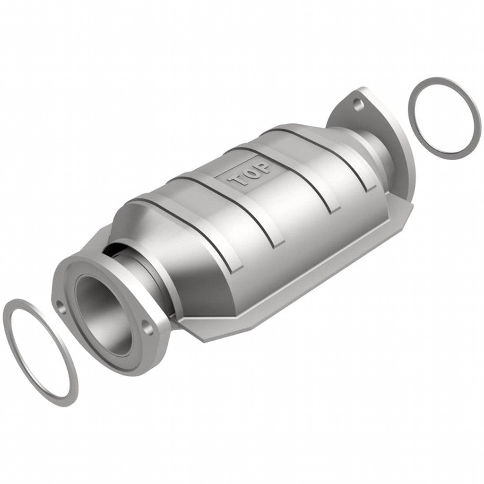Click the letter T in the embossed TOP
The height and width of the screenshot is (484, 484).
[x=237, y=181]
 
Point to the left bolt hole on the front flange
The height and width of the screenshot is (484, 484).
[x=60, y=304]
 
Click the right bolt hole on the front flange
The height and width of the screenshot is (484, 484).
[x=146, y=326]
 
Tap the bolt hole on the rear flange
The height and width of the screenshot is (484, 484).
[x=359, y=103]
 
